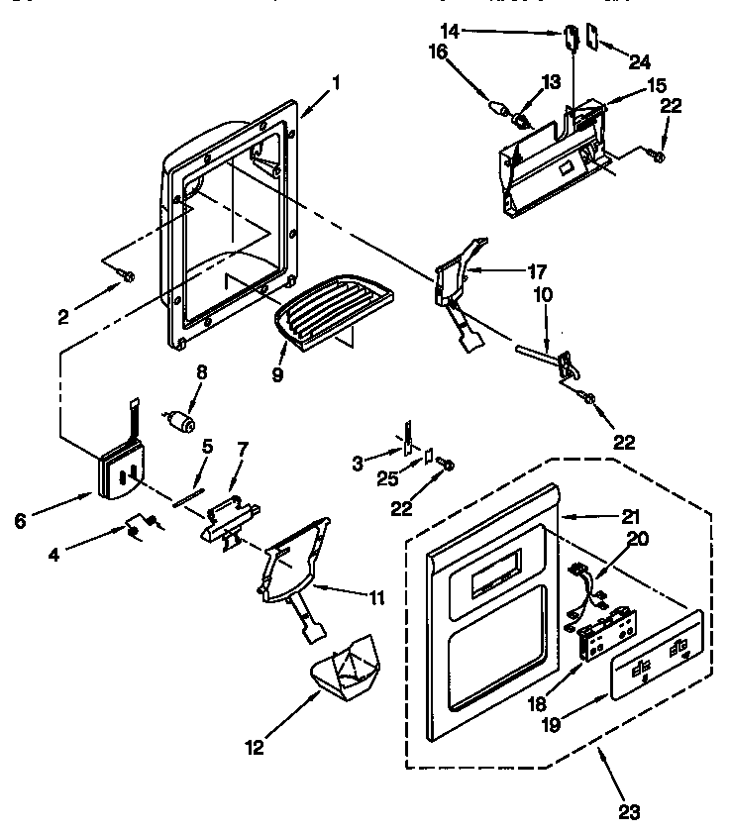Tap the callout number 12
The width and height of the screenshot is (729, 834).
click(256, 747)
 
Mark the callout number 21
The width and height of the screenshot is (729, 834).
click(630, 516)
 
